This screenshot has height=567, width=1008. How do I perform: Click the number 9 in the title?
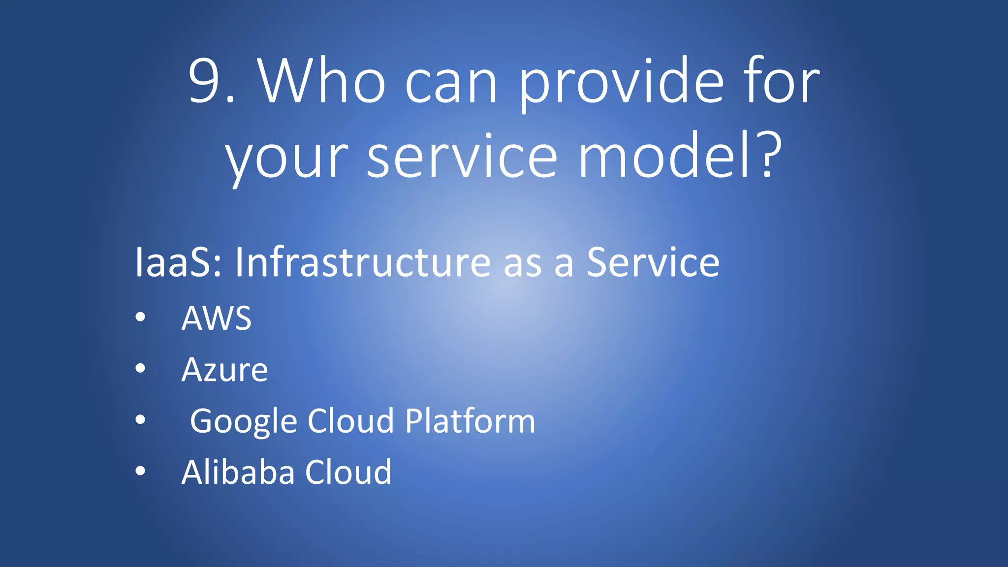click(x=204, y=81)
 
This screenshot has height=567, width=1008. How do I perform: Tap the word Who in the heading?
click(x=322, y=81)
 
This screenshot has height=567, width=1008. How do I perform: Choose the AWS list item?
click(x=217, y=318)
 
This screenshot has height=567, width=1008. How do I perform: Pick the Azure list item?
click(x=224, y=370)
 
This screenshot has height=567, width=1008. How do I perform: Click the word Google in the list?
click(x=244, y=421)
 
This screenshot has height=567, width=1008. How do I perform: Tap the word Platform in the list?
click(x=470, y=421)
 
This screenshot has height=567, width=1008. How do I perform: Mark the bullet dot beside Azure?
click(x=140, y=368)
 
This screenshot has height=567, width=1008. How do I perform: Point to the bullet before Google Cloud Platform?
click(x=140, y=420)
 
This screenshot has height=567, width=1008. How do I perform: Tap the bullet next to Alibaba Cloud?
click(x=140, y=471)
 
